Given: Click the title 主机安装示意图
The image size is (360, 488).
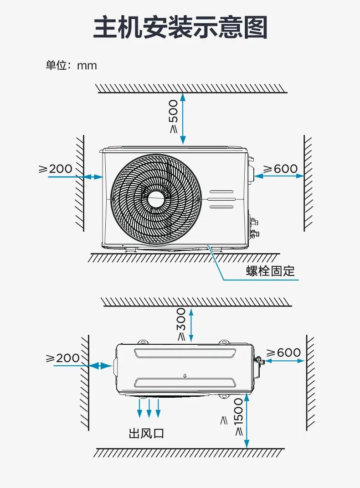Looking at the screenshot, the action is coord(180,28).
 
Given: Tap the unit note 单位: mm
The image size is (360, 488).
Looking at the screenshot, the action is coord(71,65).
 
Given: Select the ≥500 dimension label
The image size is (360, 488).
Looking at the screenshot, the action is coord(174,116).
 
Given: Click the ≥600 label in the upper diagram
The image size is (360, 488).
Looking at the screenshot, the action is coord(280,169).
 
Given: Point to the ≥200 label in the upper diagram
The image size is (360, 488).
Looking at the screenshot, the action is coord(55,169).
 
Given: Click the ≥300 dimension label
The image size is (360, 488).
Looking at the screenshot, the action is coord(181,324).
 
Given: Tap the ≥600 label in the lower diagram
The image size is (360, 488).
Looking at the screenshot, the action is coord(283,353).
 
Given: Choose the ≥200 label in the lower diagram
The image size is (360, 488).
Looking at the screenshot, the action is coord(63,358).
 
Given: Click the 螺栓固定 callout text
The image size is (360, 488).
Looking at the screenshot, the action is coord(270,271).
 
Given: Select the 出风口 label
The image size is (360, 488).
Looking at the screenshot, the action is coord(146,433).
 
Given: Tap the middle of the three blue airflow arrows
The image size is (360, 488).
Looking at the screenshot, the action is coord(149,408).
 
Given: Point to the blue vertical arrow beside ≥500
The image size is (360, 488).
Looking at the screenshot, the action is coord(183,119).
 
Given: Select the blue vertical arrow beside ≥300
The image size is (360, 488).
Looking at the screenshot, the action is coord(191,324).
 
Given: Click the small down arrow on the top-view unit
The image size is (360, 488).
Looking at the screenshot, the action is coord(185,376).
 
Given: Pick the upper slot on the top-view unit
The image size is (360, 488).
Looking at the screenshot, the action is coord(185,353).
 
